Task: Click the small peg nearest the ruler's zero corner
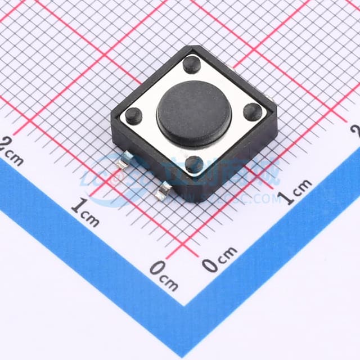pyautogui.click(x=194, y=164)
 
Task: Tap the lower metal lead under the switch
pyautogui.click(x=163, y=193)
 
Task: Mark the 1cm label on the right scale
pyautogui.click(x=296, y=191)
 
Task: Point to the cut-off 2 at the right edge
pyautogui.click(x=355, y=130)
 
